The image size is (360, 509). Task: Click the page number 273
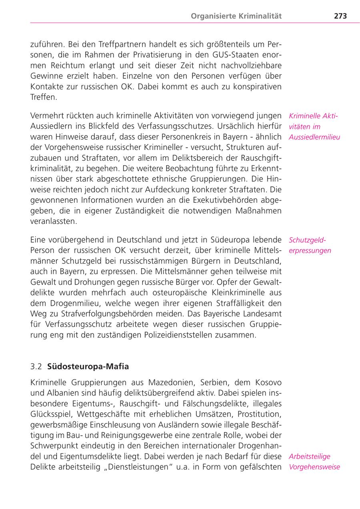[x=340, y=16]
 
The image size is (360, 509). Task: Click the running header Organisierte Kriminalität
[x=236, y=16]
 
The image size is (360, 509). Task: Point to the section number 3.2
[x=36, y=366]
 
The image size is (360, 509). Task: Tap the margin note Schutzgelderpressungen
[x=310, y=246]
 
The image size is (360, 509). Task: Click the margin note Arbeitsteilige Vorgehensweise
[x=314, y=461]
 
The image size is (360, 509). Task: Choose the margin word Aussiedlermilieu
[x=314, y=137]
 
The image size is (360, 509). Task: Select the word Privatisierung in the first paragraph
[x=142, y=54]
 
